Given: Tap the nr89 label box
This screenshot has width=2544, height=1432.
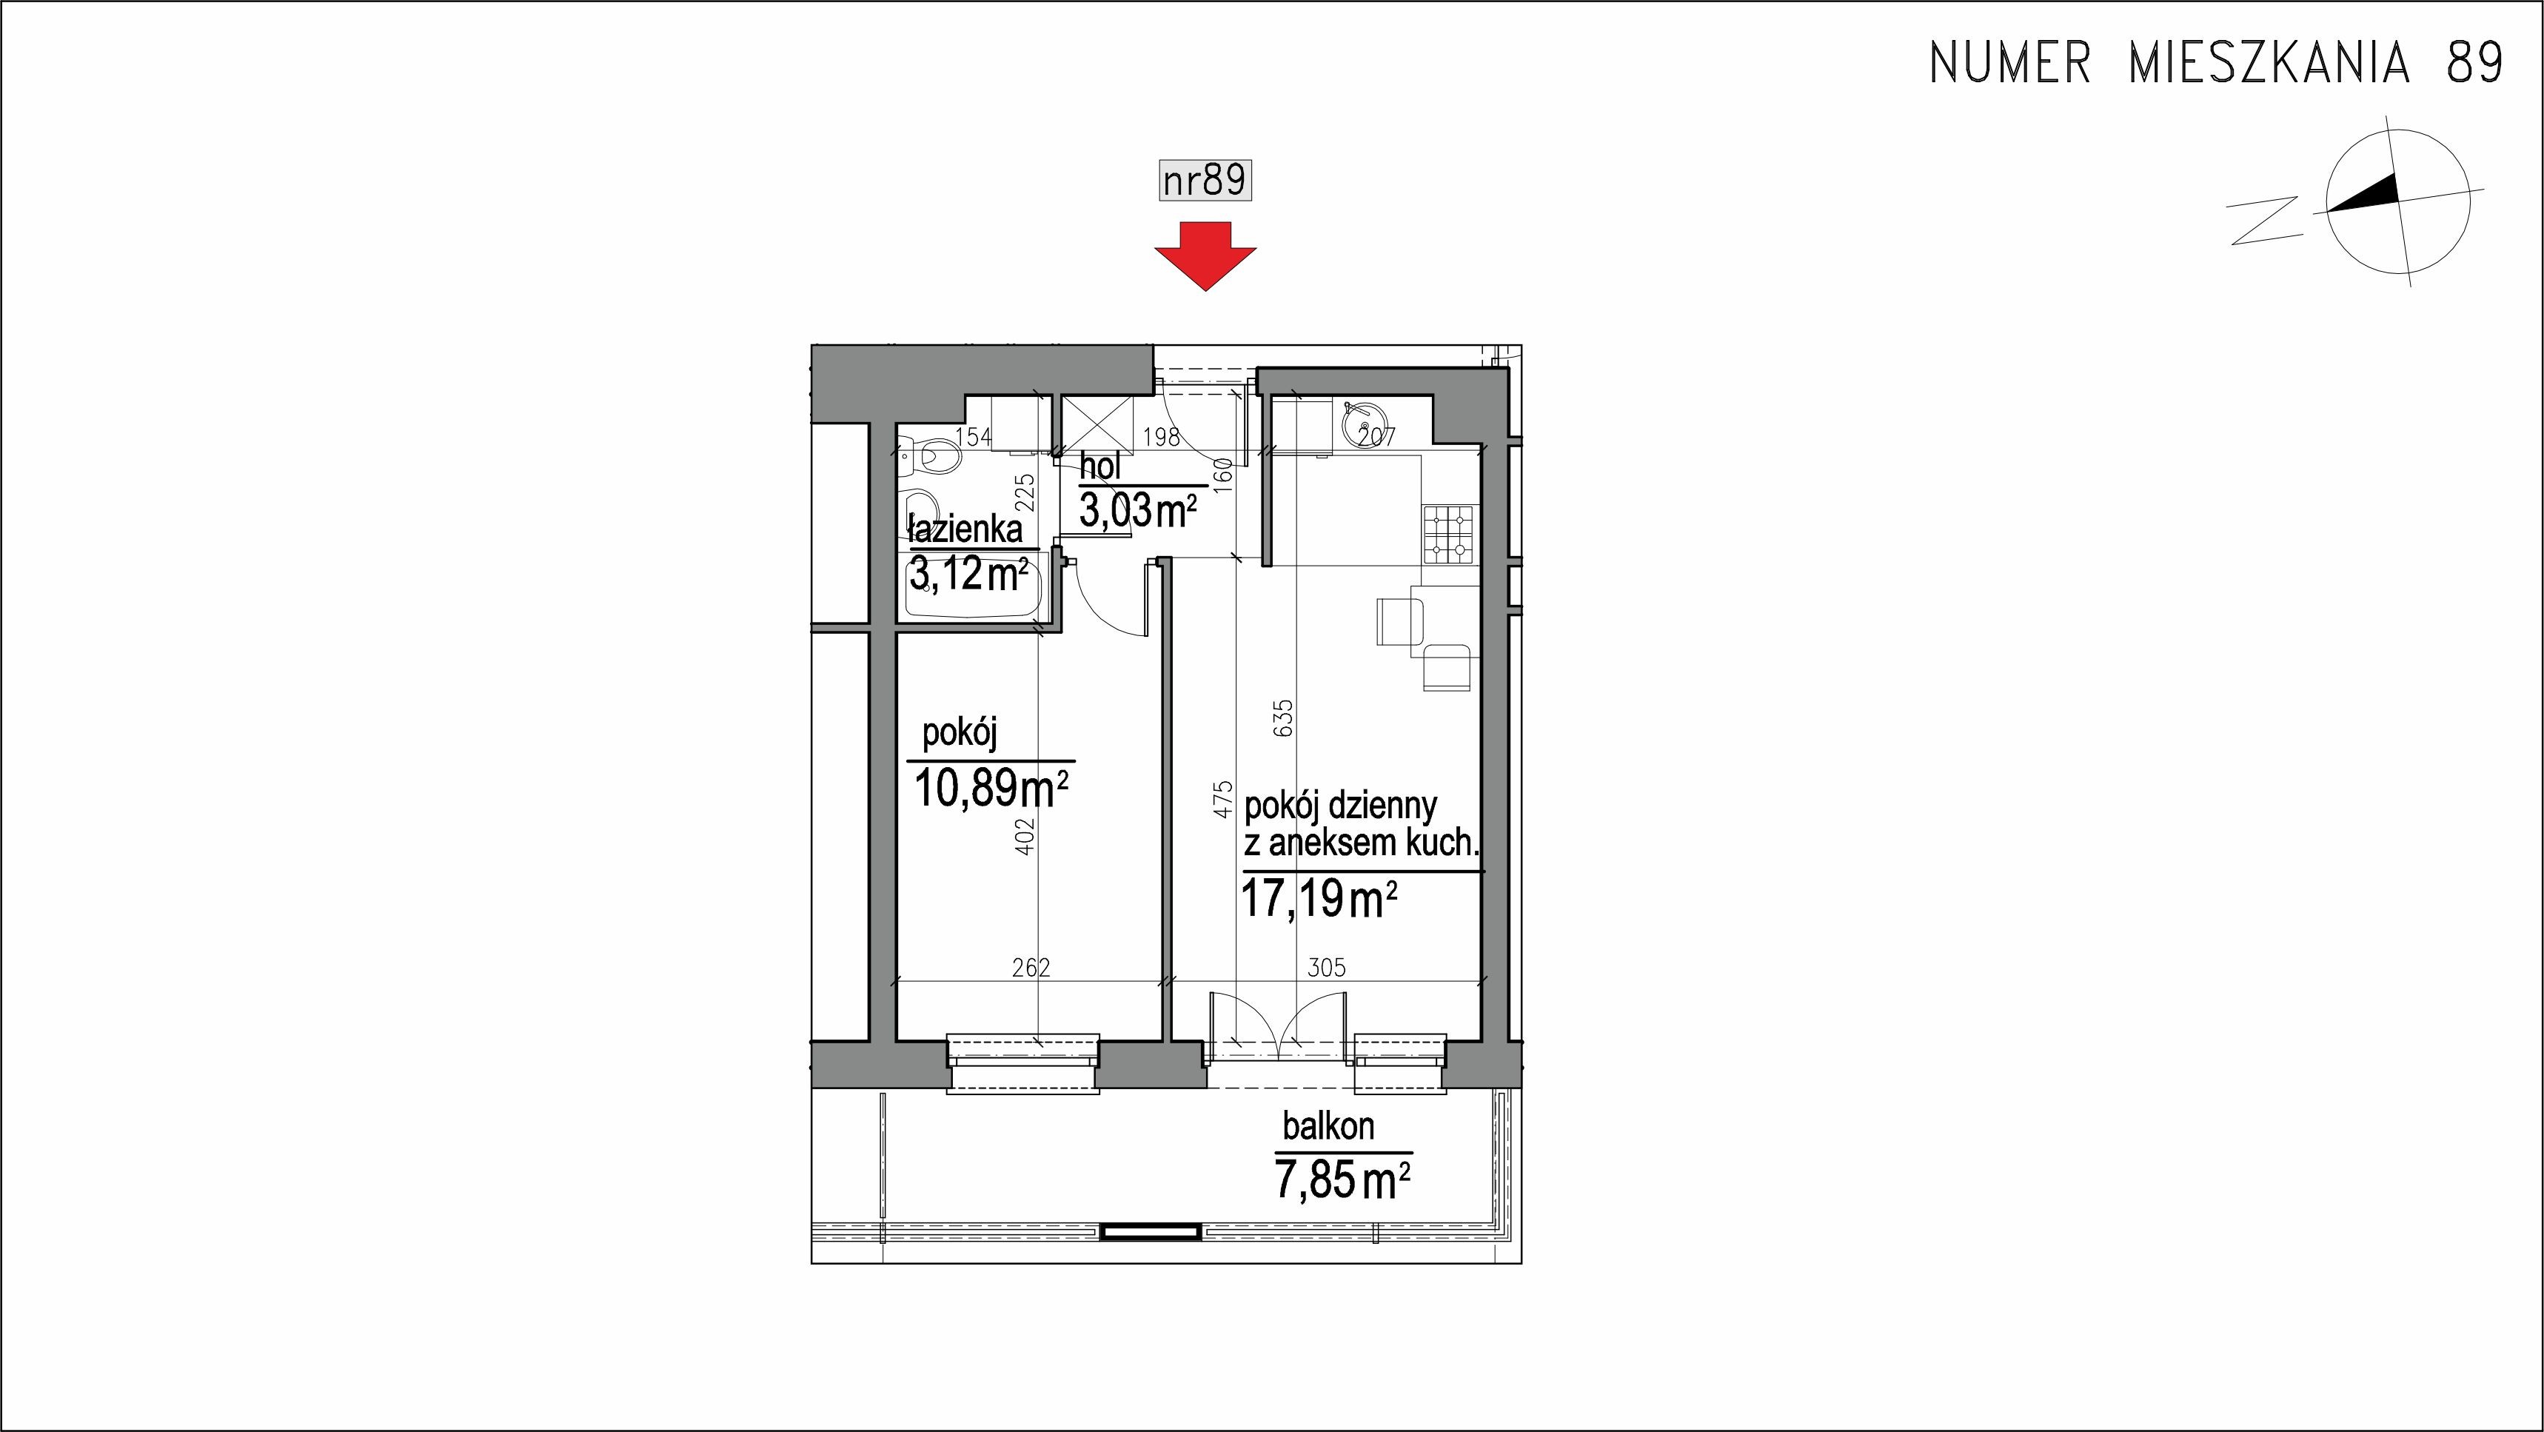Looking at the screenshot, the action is pos(1205,181).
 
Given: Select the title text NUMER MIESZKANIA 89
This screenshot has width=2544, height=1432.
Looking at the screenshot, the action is pos(2216,63).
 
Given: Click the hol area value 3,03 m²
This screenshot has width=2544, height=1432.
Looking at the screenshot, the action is pos(1138,511).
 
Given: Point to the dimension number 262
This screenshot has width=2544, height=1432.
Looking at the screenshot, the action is pos(1031,968).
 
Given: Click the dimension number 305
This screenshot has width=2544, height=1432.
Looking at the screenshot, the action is pos(1326,968).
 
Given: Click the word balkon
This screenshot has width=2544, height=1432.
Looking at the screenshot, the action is pos(1328,1126).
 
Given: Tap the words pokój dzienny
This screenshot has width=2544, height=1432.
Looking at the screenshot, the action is pos(1340,807).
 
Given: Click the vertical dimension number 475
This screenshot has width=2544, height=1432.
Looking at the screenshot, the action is pos(1224,799).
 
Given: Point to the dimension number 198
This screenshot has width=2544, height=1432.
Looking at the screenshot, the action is pos(1162,437).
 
